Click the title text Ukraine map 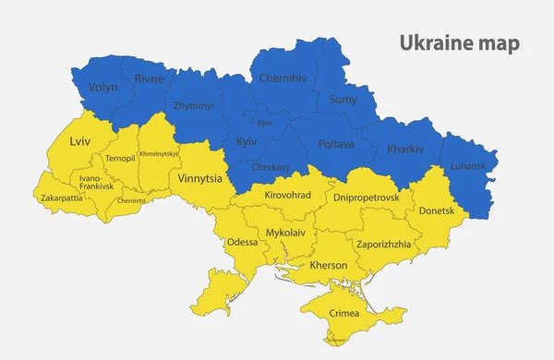click(459, 43)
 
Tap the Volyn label click(102, 88)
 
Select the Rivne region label click(149, 79)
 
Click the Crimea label click(345, 314)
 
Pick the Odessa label click(242, 242)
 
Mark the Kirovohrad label click(288, 195)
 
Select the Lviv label click(81, 142)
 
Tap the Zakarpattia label click(61, 198)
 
